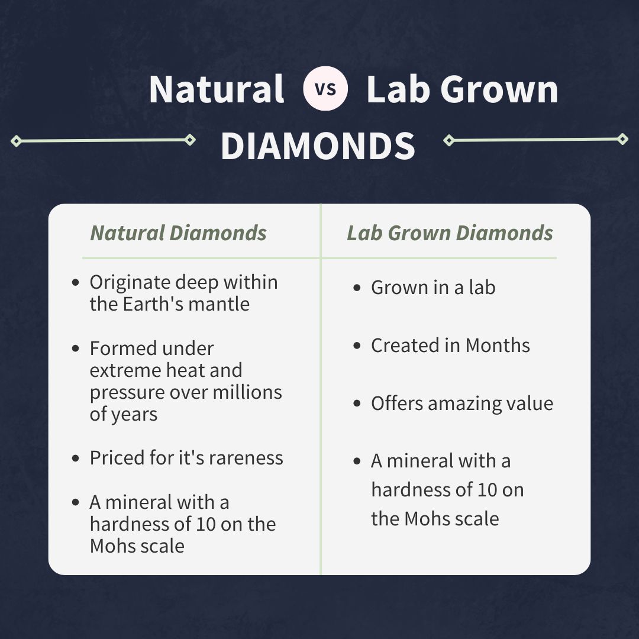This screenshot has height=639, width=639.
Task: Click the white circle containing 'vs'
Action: (x=325, y=88)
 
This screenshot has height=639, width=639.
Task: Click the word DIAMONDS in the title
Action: (x=318, y=146)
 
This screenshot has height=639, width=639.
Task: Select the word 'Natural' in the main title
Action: (x=217, y=89)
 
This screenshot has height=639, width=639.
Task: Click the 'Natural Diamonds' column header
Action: (x=178, y=233)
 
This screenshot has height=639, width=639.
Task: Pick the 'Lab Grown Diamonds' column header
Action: (x=450, y=233)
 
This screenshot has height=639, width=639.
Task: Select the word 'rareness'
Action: (x=246, y=457)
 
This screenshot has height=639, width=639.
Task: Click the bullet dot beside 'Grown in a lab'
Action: (x=357, y=288)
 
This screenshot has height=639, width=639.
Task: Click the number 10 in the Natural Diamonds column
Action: (x=206, y=524)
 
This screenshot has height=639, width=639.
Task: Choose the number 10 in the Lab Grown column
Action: (x=487, y=490)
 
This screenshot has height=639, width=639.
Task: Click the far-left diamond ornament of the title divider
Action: (x=17, y=141)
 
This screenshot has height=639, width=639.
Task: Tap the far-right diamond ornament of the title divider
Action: (x=622, y=139)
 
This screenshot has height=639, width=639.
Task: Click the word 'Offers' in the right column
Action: (x=397, y=404)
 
